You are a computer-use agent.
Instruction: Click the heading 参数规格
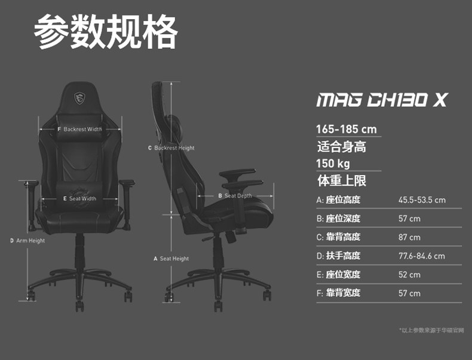point(106,32)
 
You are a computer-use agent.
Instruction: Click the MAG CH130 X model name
point(381,100)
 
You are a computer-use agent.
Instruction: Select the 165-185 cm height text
point(347,129)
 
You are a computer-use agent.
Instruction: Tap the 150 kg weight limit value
point(333,164)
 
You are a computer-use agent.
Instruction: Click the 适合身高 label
point(341,146)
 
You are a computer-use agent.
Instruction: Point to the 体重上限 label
point(341,180)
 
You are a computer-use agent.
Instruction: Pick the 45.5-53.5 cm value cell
point(422,200)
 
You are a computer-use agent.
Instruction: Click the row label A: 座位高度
point(338,200)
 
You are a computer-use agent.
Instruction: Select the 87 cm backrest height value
point(409,237)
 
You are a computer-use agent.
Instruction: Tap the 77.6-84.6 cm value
point(421,256)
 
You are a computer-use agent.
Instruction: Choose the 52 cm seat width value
point(409,275)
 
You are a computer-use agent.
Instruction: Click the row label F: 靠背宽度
point(338,293)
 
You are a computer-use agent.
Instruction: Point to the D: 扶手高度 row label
point(338,256)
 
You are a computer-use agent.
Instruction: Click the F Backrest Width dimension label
point(80,129)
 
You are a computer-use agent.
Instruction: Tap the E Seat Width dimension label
point(79,199)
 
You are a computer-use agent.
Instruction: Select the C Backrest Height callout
point(171,147)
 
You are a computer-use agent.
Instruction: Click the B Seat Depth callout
point(235,196)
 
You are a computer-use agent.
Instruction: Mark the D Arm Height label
point(27,241)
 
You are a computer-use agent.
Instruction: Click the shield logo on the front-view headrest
point(79,97)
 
